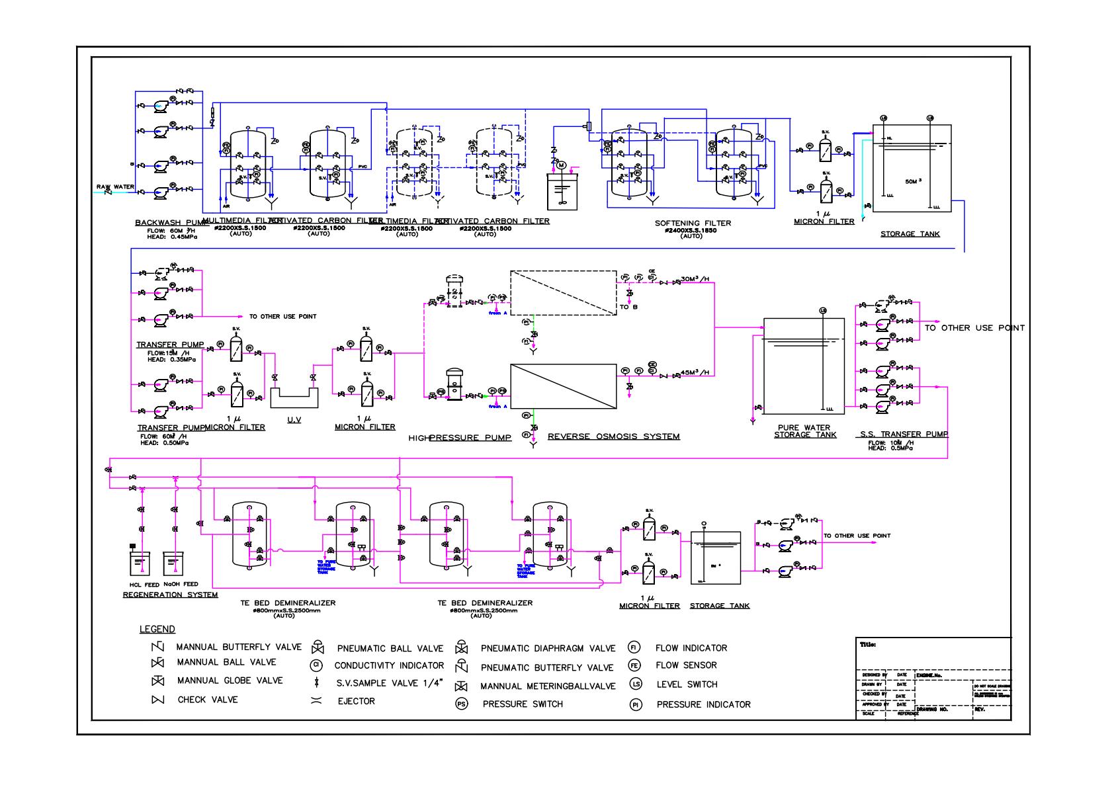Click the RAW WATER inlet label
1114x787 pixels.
pos(115,187)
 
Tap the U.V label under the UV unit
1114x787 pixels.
pos(294,420)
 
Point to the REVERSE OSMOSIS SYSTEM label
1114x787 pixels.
pos(613,436)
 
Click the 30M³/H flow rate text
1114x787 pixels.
pos(695,278)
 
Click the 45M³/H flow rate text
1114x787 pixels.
pos(695,372)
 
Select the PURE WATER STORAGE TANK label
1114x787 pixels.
pos(804,431)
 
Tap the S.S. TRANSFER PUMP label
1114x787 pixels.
pos(904,435)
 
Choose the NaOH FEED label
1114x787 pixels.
pos(181,585)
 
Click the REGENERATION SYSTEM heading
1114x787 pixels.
pos(170,595)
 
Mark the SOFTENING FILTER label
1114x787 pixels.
pos(693,224)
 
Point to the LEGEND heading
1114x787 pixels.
pos(157,630)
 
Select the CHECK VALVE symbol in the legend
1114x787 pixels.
pos(157,700)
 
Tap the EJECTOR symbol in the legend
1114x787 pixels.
pos(316,701)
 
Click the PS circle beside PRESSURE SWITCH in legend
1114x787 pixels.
pos(462,704)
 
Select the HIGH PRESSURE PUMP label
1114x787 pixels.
pos(460,438)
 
